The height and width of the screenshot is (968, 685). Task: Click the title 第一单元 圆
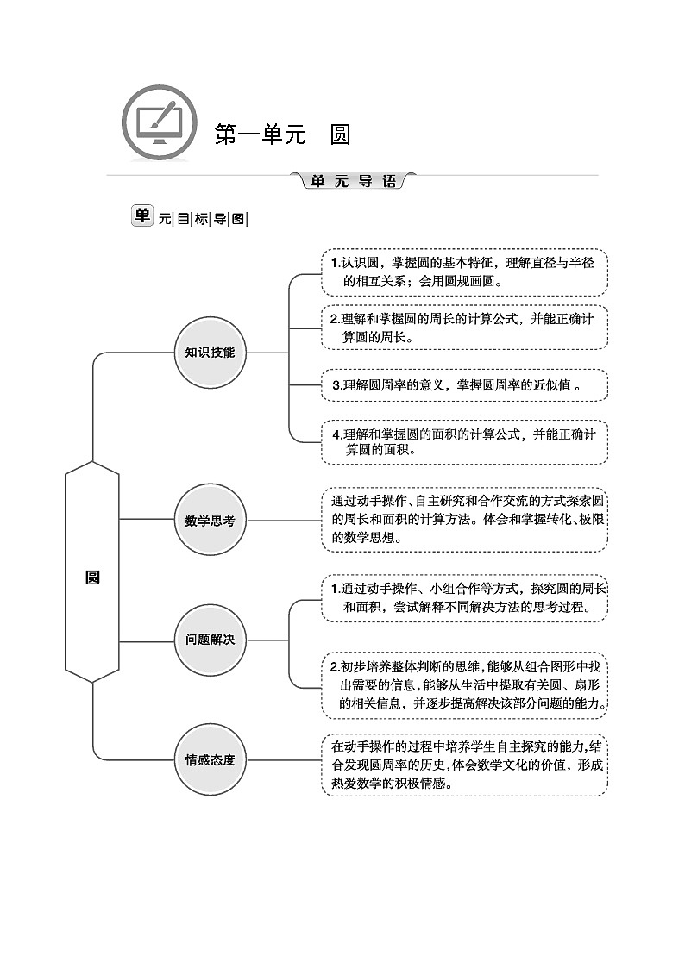282,134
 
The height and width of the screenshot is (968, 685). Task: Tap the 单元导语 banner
354,181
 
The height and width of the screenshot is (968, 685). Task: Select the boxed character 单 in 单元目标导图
141,216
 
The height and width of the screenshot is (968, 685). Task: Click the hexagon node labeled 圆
92,578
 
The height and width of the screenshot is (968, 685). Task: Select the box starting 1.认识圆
464,272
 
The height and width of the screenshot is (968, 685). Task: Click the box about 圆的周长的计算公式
464,328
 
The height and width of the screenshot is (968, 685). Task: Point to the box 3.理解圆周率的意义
464,385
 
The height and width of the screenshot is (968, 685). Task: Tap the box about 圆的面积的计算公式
464,441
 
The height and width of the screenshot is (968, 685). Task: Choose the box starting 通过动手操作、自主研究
464,520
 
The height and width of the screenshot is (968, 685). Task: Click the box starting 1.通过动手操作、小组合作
464,597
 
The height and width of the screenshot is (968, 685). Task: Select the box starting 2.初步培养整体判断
464,686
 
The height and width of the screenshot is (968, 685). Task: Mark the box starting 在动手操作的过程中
464,765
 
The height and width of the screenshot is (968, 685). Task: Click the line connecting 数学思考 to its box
284,520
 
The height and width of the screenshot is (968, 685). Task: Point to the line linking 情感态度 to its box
284,759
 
